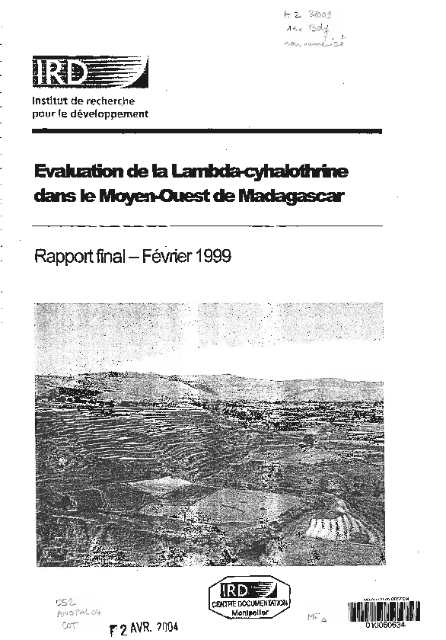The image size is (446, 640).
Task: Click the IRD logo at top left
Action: coord(90,73)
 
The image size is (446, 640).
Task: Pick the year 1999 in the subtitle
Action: coord(212,256)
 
